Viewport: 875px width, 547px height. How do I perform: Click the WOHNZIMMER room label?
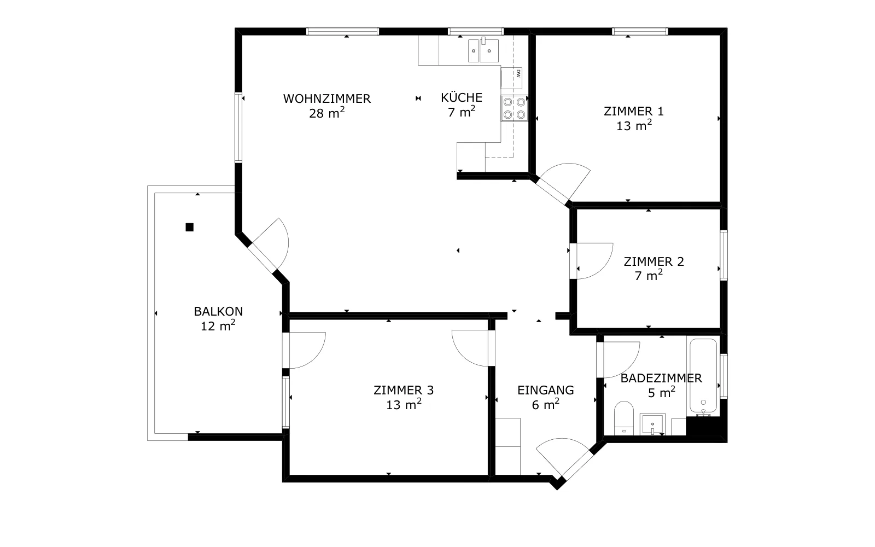[326, 99]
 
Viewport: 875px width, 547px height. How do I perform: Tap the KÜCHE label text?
[462, 97]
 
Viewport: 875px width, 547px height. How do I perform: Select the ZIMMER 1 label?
[634, 112]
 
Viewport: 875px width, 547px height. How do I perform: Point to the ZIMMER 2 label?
[654, 261]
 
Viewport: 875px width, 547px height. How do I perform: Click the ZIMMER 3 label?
[404, 390]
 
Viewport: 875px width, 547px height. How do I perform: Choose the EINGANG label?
[546, 390]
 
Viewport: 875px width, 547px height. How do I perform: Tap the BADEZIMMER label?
[661, 378]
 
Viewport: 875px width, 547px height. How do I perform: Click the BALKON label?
[218, 311]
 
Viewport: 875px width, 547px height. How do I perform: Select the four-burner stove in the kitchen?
[514, 108]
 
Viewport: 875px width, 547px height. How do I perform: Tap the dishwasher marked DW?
[511, 78]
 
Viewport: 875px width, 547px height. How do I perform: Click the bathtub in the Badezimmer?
[703, 376]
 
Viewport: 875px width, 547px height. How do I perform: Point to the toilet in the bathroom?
[624, 418]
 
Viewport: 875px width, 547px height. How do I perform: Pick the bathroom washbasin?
[652, 424]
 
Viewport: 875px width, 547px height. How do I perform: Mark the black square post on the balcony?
[189, 227]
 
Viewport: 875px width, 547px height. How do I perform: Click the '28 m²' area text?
[326, 113]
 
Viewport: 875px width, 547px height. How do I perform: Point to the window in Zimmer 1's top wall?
[639, 31]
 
